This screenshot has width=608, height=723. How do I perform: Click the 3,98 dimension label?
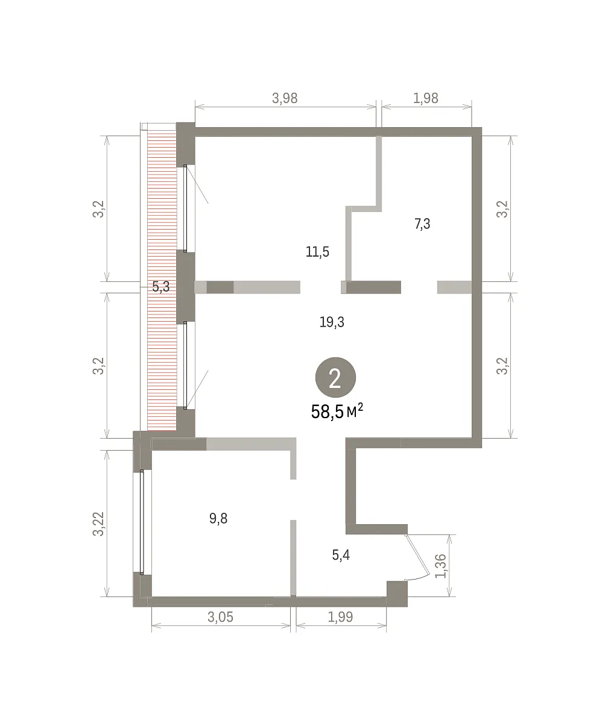(285, 98)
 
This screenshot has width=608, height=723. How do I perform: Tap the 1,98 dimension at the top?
(426, 98)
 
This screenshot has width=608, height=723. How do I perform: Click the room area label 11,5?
(317, 252)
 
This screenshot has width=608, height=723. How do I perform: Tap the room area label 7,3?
(422, 224)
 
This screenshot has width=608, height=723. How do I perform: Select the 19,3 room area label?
(332, 322)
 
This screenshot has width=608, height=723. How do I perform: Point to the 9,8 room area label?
(218, 518)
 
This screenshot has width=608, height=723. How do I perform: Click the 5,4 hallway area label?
(341, 555)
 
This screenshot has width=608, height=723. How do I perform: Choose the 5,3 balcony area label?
(161, 287)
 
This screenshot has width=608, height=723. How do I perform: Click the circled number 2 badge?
(335, 377)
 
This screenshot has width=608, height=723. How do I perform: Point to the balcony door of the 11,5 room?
(185, 208)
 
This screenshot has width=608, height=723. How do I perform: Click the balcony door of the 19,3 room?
(185, 366)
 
